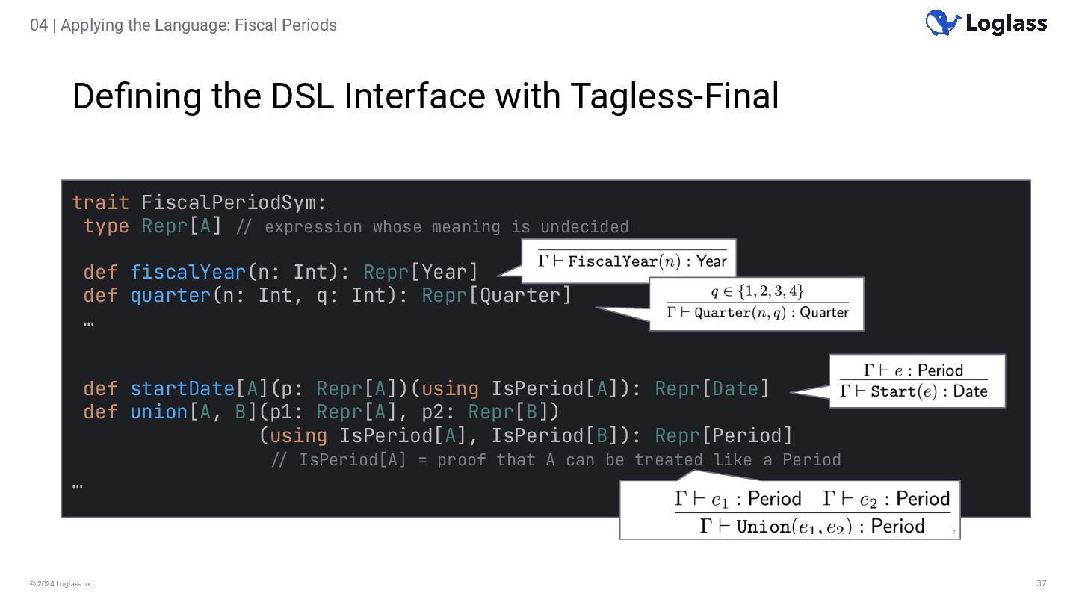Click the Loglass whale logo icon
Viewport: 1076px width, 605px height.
[x=943, y=22]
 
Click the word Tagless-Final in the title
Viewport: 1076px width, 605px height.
[x=674, y=96]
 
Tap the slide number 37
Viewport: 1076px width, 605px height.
[x=1041, y=583]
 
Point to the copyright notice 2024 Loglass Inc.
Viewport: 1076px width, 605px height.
[x=63, y=583]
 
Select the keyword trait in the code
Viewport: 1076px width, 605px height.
[x=101, y=202]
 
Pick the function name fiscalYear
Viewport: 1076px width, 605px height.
[x=188, y=272]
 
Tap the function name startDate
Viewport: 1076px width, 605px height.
[x=182, y=389]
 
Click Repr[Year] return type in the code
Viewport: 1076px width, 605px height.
[x=420, y=272]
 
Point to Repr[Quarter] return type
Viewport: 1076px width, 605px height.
[x=496, y=296]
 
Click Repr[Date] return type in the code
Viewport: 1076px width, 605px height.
[x=711, y=389]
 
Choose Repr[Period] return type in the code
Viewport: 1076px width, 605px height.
[x=723, y=435]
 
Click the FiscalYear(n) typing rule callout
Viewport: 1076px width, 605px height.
[x=632, y=261]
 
